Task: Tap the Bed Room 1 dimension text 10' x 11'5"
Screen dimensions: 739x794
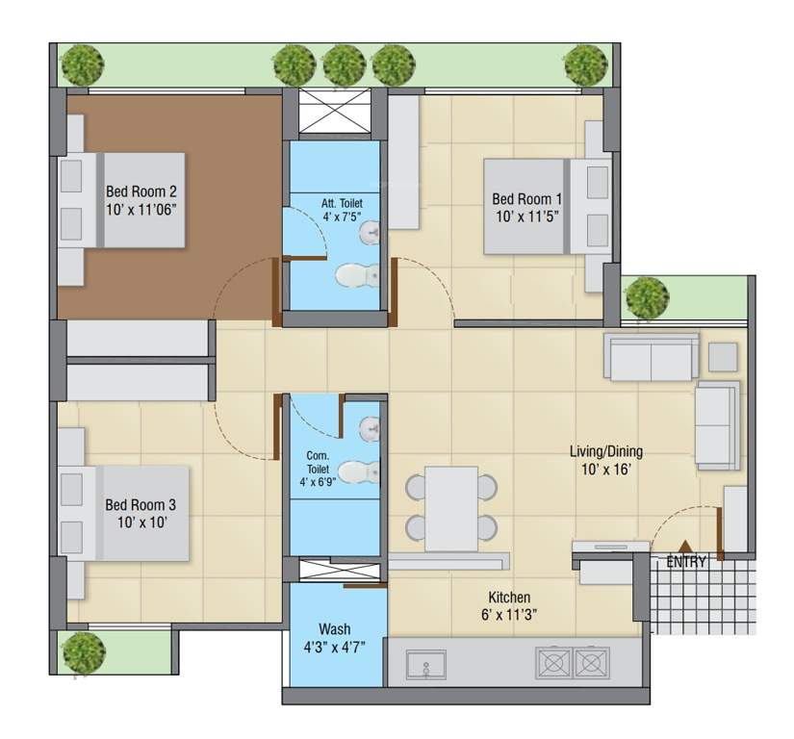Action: [x=527, y=217]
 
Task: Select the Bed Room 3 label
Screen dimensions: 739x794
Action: [x=141, y=504]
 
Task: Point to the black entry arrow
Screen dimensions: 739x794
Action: [x=685, y=547]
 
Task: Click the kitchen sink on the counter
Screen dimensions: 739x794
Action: [x=424, y=663]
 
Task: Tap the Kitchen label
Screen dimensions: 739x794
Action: [x=508, y=597]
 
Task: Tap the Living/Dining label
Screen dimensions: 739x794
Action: [x=605, y=450]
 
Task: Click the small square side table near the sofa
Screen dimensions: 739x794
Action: [x=724, y=356]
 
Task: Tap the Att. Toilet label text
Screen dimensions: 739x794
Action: [x=343, y=203]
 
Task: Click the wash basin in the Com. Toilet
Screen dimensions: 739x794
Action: [x=371, y=426]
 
